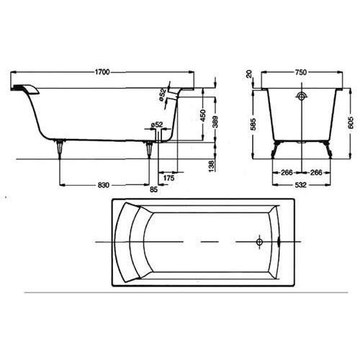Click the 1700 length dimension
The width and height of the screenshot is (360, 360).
(x=102, y=72)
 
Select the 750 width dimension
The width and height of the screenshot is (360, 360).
(x=301, y=72)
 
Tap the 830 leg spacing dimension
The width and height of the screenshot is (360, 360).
(x=104, y=185)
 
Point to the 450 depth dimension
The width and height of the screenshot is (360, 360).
(x=203, y=115)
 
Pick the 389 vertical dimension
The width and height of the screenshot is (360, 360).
(x=215, y=122)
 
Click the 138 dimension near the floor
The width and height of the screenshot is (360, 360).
(x=212, y=166)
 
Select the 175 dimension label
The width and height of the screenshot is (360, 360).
(x=168, y=178)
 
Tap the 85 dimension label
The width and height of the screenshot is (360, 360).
(x=153, y=189)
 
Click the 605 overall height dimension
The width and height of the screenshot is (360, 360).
(x=351, y=122)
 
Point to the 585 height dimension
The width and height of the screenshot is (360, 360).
(x=253, y=124)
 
